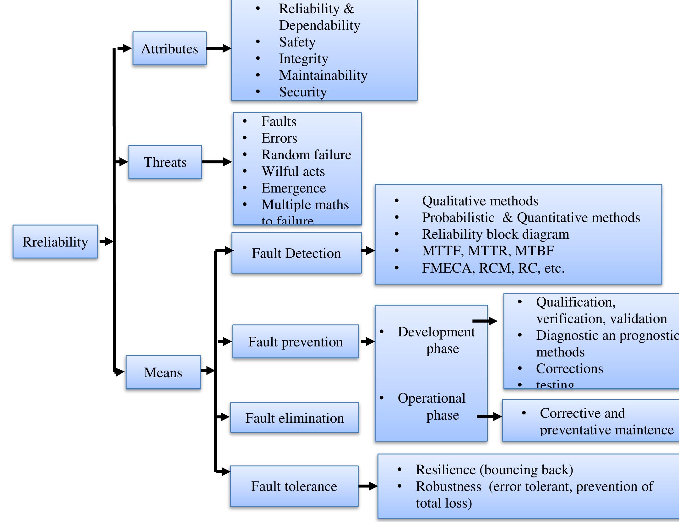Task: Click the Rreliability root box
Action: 55,242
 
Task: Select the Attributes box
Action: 169,49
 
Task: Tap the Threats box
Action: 165,162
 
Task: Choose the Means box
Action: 163,372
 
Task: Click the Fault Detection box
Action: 296,253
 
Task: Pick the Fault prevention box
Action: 295,342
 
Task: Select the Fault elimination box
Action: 294,418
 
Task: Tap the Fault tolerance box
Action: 294,486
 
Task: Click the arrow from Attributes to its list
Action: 219,48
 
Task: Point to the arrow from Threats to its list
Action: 217,162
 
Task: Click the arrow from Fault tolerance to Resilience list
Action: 368,486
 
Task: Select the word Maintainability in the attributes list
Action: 323,75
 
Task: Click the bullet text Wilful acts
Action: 293,171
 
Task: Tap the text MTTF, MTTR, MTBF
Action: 488,251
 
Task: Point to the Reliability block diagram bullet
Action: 495,234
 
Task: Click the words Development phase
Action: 437,340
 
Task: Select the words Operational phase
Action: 432,406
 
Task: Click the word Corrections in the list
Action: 569,369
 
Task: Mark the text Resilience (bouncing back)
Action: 494,470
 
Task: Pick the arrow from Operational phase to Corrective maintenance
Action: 489,417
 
